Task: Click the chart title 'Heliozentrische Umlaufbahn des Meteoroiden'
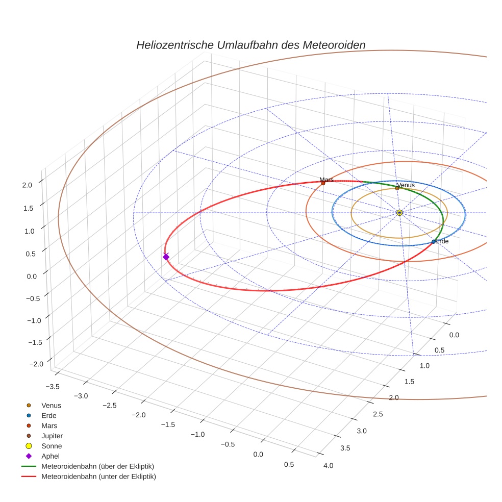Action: (x=250, y=45)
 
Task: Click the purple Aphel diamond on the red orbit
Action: (x=166, y=257)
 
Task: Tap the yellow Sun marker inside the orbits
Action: (x=399, y=213)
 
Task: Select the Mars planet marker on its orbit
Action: (x=323, y=183)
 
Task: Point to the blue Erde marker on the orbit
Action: (x=434, y=242)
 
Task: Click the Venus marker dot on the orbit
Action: (x=397, y=188)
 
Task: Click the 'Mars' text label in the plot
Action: (x=327, y=180)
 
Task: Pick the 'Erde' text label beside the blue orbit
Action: (x=442, y=241)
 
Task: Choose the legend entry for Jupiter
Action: (x=52, y=436)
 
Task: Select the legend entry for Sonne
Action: (x=52, y=446)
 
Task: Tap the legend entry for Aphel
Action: (x=51, y=456)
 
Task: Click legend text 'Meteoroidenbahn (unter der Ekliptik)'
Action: (x=98, y=476)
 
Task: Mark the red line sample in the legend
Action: (x=29, y=476)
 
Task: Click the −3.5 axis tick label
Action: (x=53, y=386)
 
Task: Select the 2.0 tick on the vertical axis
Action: (x=28, y=185)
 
